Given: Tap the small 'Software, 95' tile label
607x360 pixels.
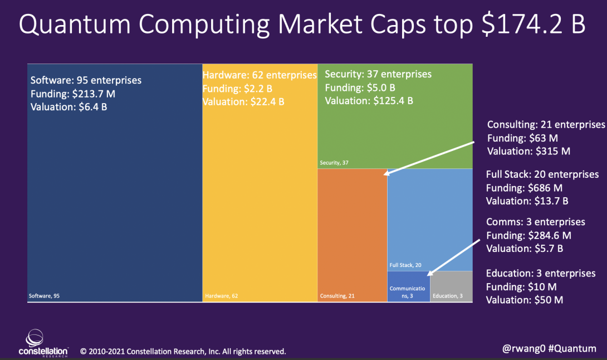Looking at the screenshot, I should tap(44, 296).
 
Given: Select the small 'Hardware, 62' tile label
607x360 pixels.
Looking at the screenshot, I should tap(222, 296).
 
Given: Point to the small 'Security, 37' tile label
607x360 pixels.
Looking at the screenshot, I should tap(334, 163).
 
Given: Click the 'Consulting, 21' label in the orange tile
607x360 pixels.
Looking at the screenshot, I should tap(337, 296).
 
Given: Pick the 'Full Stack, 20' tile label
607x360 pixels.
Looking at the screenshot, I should tap(405, 265).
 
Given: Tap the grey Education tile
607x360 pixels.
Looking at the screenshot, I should tap(451, 286).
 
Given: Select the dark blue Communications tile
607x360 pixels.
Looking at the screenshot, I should tap(408, 286).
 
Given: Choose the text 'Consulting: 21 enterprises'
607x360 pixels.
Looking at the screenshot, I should tap(546, 124).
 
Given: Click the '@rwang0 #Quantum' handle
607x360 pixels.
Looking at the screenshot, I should tap(549, 348).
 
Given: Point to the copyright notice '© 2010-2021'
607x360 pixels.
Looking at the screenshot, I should tap(102, 352).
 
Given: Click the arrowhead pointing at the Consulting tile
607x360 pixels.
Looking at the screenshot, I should tap(386, 173).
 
